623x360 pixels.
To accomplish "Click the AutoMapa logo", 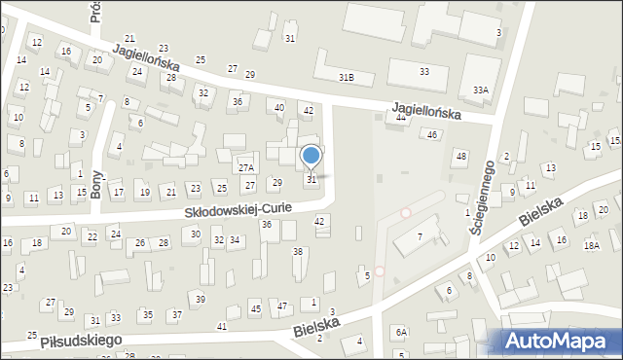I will [562, 342].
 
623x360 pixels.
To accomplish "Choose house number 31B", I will [346, 77].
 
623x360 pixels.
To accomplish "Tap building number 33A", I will [480, 90].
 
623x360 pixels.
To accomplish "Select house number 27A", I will [246, 168].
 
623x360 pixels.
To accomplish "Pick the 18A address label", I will [592, 247].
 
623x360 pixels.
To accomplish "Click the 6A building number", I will [401, 332].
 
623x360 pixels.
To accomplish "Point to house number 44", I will [401, 117].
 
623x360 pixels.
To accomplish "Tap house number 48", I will [461, 157].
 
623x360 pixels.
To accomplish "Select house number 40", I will [279, 108].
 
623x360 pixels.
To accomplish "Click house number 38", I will [298, 252].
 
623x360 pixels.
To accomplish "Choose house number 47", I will [282, 306].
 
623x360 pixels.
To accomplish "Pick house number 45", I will [256, 308].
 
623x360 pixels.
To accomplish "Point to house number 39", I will [200, 299].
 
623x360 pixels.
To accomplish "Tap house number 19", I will [145, 192].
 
